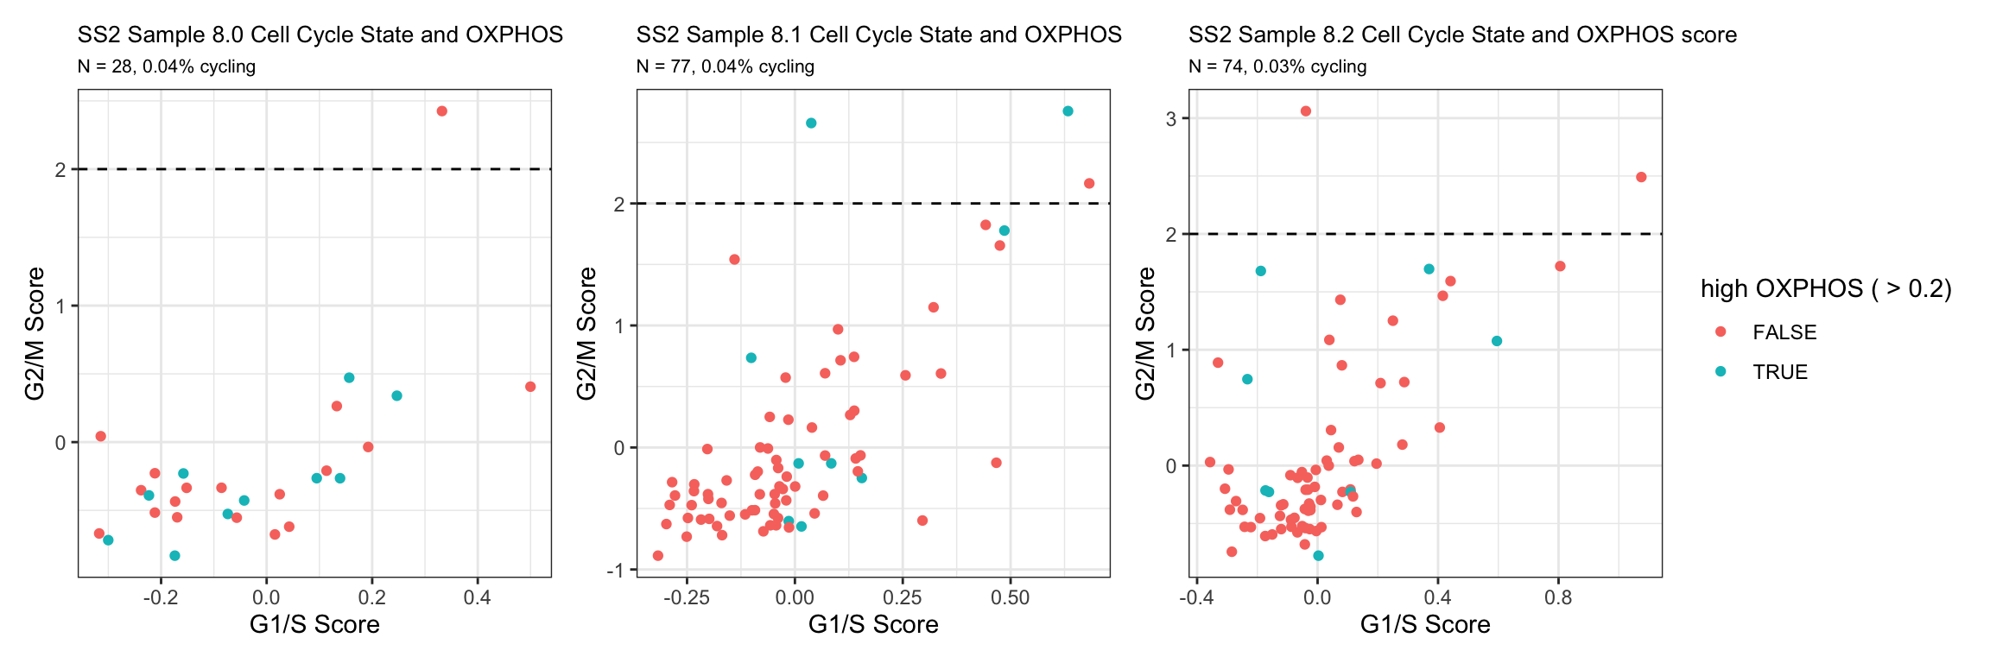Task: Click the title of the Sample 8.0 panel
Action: tap(320, 35)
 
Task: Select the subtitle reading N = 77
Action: tap(725, 66)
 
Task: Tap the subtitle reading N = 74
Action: tap(1277, 66)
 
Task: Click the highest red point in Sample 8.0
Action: tap(442, 111)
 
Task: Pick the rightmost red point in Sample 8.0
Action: tap(530, 387)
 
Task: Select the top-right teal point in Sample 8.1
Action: tap(1068, 111)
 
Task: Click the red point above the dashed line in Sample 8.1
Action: tap(1089, 184)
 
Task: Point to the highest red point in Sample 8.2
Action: tap(1306, 111)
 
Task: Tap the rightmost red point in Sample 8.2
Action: tap(1641, 177)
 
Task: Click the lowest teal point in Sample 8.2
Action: tap(1318, 556)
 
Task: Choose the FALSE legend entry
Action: tap(1784, 332)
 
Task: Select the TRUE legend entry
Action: tap(1779, 372)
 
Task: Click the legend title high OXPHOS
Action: tap(1826, 288)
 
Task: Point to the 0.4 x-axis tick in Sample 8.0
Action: tap(477, 597)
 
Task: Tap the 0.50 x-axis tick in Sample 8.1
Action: tap(1011, 597)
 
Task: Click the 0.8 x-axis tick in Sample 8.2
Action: tap(1558, 597)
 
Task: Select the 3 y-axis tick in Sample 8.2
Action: tap(1171, 118)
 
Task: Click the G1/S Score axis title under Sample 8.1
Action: tap(873, 624)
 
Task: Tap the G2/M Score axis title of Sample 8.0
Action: tap(35, 333)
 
